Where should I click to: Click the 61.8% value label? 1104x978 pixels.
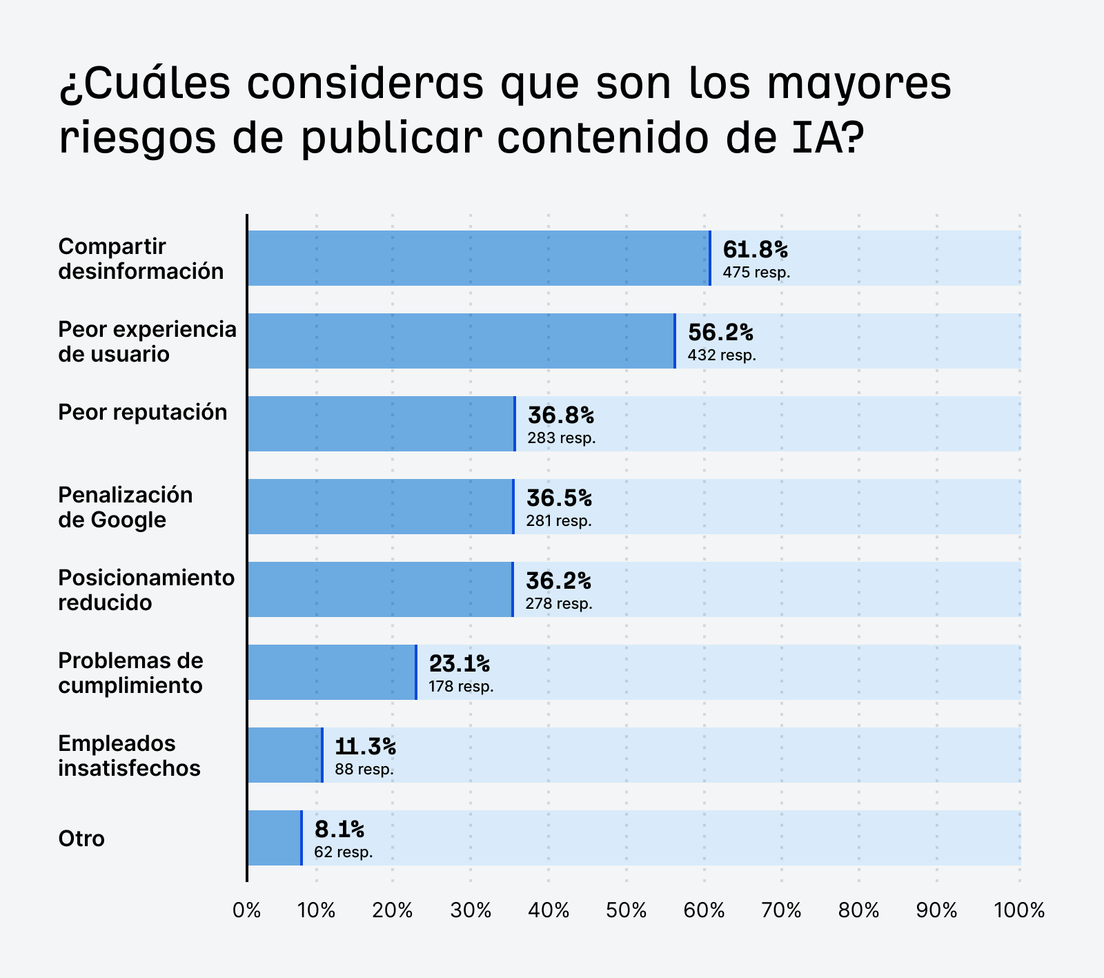pyautogui.click(x=755, y=249)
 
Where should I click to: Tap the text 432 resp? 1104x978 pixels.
pyautogui.click(x=722, y=355)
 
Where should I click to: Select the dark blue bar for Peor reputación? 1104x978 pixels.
pyautogui.click(x=381, y=424)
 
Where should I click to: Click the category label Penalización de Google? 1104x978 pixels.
pyautogui.click(x=125, y=507)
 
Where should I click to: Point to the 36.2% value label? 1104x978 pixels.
pyautogui.click(x=558, y=580)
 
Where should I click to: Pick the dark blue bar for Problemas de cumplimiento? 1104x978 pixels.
pyautogui.click(x=332, y=672)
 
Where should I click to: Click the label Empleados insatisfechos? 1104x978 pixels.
pyautogui.click(x=129, y=755)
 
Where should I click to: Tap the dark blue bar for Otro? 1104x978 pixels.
pyautogui.click(x=275, y=838)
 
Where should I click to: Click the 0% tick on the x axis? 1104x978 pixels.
pyautogui.click(x=247, y=911)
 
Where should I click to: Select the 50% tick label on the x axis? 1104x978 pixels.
pyautogui.click(x=627, y=911)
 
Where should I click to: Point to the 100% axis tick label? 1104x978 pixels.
pyautogui.click(x=1018, y=911)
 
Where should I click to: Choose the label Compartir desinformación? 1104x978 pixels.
pyautogui.click(x=140, y=258)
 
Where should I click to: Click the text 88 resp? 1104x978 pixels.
pyautogui.click(x=364, y=770)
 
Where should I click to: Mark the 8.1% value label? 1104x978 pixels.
pyautogui.click(x=339, y=829)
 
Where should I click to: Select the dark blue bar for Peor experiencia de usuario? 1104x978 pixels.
pyautogui.click(x=461, y=341)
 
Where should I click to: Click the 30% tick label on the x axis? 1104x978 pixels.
pyautogui.click(x=471, y=911)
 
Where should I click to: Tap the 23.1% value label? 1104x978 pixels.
pyautogui.click(x=459, y=663)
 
